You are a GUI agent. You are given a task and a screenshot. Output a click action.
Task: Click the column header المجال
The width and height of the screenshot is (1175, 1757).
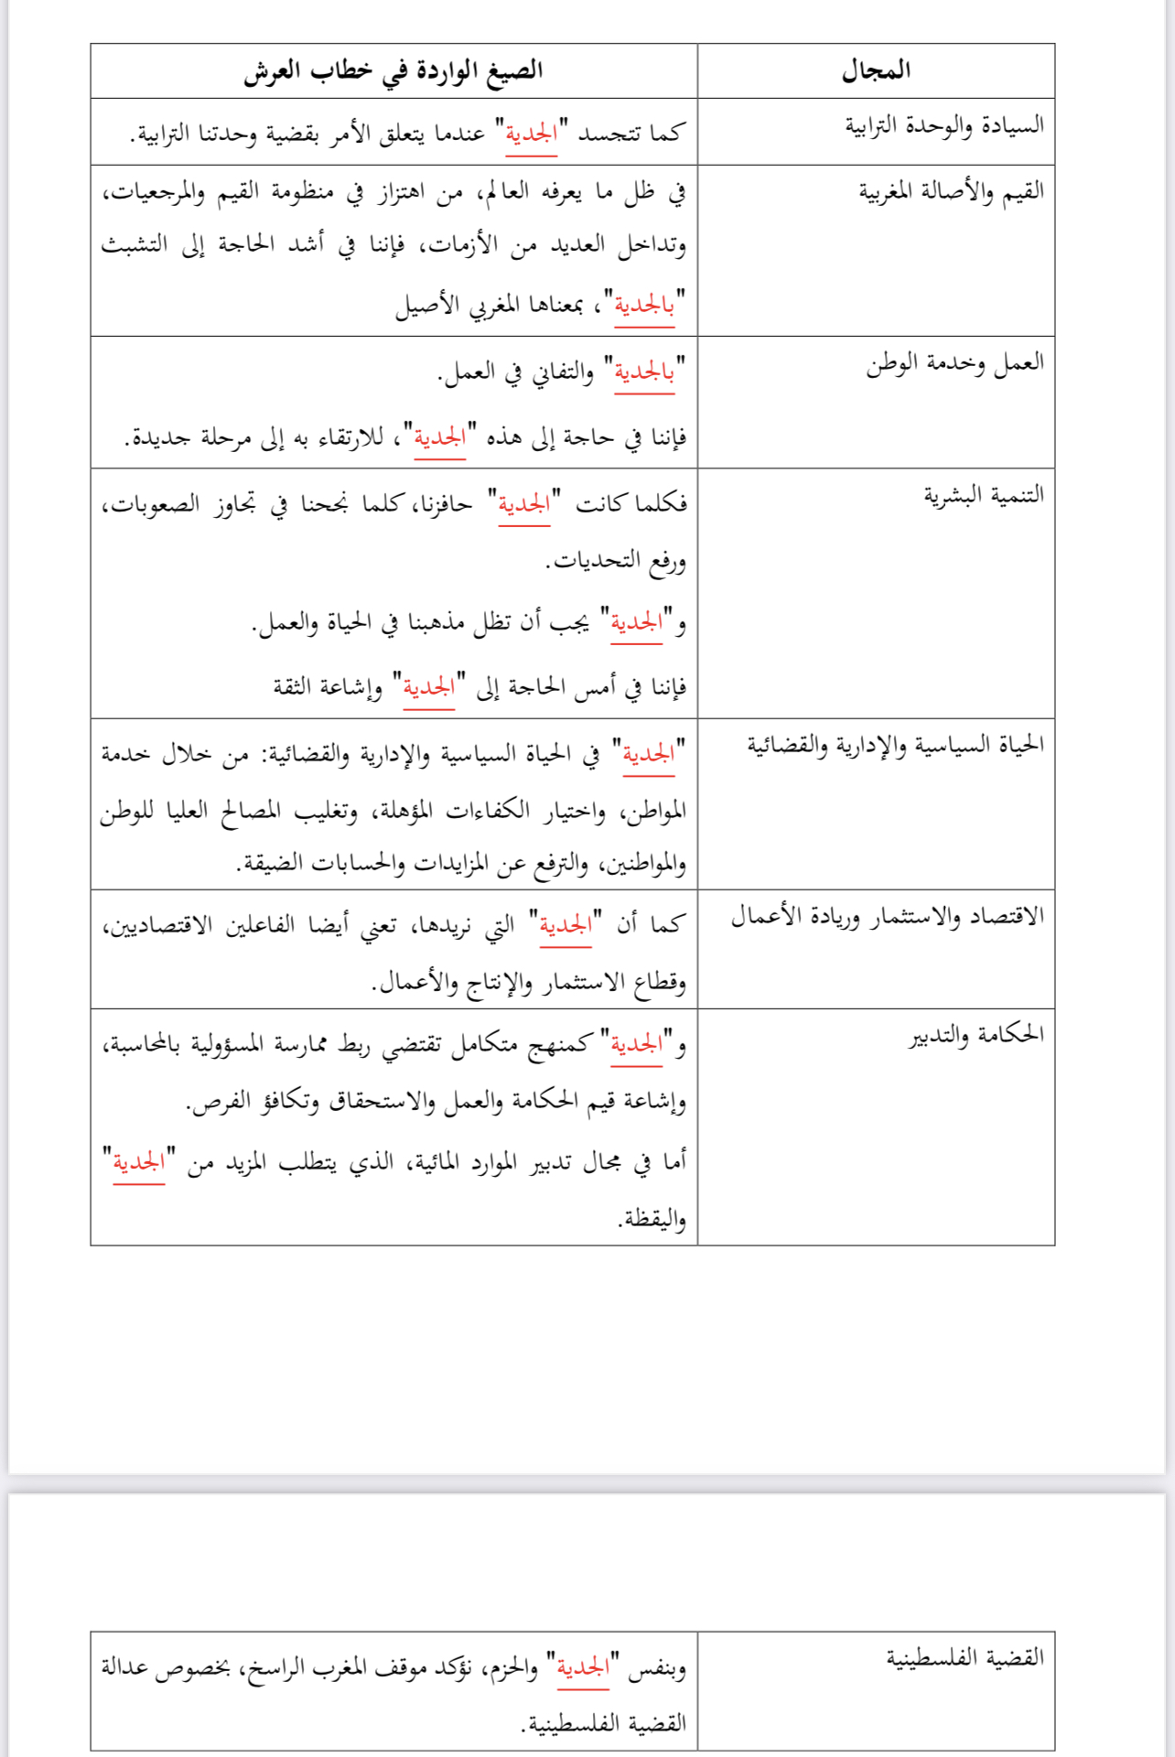[876, 70]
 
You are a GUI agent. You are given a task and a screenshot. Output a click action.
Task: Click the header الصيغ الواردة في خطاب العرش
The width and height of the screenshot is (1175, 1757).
[393, 70]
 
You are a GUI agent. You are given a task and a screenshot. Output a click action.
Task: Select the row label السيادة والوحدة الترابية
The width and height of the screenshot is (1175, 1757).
[943, 125]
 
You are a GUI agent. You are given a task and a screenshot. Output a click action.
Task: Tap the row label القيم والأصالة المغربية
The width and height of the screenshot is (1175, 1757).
[951, 191]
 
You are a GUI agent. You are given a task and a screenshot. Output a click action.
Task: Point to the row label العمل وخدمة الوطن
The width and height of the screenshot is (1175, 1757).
[954, 363]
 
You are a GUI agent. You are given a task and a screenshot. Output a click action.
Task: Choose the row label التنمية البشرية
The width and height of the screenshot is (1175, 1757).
[983, 495]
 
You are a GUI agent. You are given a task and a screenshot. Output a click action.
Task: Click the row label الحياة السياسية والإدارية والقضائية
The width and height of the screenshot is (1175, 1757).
[895, 745]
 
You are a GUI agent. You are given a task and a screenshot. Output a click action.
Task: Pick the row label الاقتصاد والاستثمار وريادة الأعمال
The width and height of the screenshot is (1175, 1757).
[887, 917]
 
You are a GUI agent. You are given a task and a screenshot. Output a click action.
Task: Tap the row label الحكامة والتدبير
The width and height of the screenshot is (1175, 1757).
[976, 1035]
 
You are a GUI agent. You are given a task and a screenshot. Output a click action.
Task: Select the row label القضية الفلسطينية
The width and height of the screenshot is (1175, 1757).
[965, 1657]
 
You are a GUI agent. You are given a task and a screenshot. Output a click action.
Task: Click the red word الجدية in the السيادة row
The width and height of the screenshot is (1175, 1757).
[531, 134]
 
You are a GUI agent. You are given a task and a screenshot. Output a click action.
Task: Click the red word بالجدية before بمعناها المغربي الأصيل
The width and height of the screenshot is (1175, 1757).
[644, 305]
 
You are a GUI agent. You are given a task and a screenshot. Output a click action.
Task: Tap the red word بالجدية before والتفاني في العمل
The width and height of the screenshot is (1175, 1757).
[644, 372]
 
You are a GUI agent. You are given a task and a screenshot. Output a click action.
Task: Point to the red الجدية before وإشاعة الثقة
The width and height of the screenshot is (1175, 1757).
[429, 686]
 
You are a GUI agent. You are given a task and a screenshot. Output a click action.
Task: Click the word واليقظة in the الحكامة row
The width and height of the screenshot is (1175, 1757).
[652, 1219]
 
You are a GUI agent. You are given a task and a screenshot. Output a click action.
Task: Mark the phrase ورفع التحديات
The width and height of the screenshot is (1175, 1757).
[616, 560]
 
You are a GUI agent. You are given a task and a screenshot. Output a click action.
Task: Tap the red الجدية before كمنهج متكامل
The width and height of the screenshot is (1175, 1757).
[636, 1044]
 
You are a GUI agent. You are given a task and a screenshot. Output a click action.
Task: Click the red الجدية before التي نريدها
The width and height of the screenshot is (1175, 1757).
[566, 925]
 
